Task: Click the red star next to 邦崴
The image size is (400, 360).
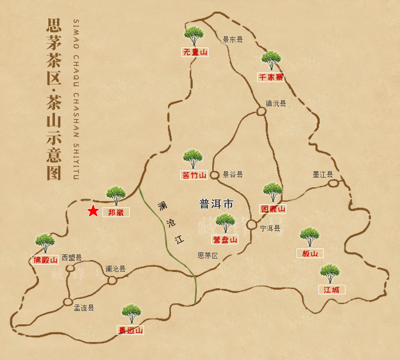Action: (x=93, y=211)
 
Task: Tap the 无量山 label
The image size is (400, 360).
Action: (x=195, y=52)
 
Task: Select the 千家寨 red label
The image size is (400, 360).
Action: (x=271, y=77)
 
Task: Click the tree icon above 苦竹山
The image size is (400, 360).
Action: (x=193, y=159)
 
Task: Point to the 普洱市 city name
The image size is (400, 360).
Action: (x=217, y=204)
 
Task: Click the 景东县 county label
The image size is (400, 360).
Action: (x=233, y=39)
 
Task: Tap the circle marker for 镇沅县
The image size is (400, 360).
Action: (x=261, y=111)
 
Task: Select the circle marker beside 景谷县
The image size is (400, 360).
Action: (x=214, y=175)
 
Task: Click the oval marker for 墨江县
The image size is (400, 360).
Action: (x=333, y=183)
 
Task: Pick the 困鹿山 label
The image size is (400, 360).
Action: (x=273, y=209)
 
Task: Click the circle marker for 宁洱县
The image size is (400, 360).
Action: (x=252, y=225)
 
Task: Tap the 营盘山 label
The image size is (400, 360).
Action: (x=225, y=239)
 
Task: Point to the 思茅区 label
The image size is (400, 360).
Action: (x=208, y=255)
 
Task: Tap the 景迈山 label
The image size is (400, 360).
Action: (x=131, y=330)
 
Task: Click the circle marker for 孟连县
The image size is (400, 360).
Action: (x=68, y=302)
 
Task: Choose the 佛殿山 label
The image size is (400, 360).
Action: (x=45, y=260)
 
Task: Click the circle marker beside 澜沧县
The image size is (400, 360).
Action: (x=112, y=280)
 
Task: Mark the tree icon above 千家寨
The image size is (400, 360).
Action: (x=271, y=60)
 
